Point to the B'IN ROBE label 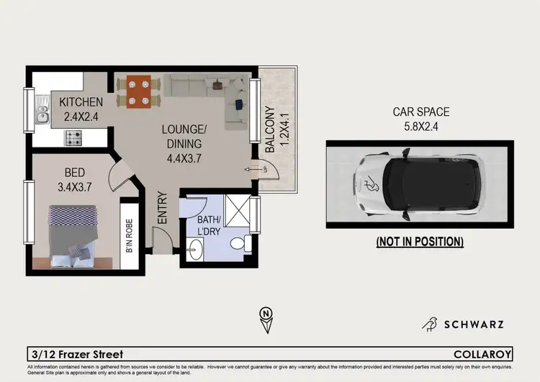click(130, 235)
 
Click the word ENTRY click(163, 208)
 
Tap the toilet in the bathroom click(240, 243)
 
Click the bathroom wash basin click(194, 250)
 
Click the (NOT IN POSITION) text click(420, 242)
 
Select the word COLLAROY click(483, 354)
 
